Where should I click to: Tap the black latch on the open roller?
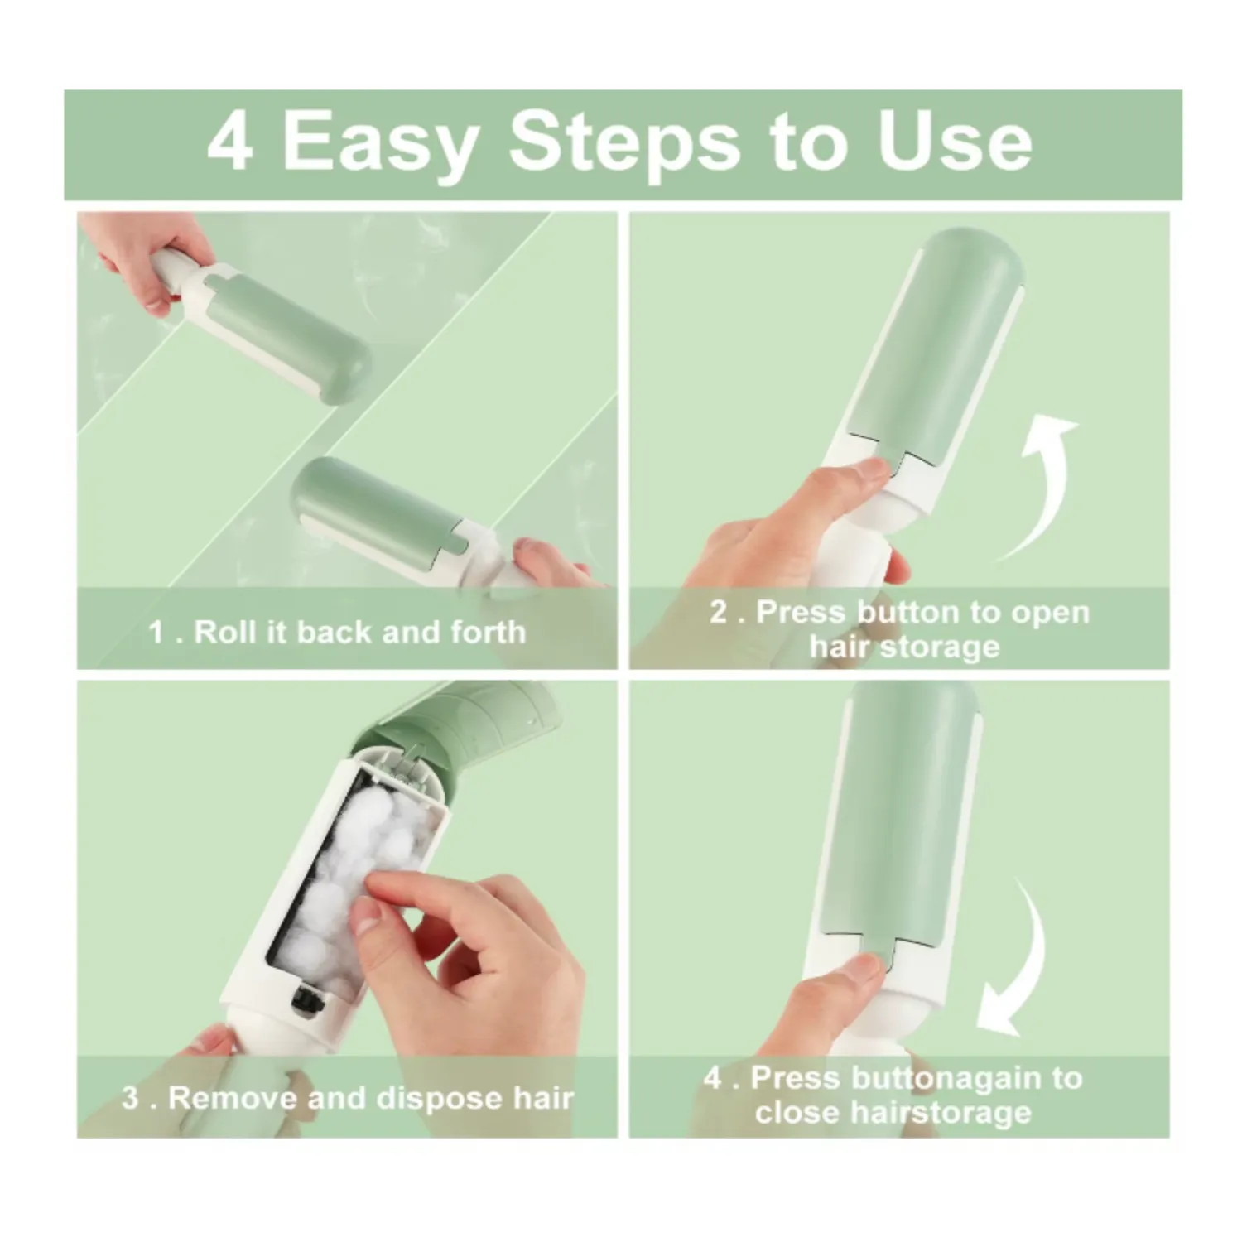307,1002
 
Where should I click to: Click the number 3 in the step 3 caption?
130,1099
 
